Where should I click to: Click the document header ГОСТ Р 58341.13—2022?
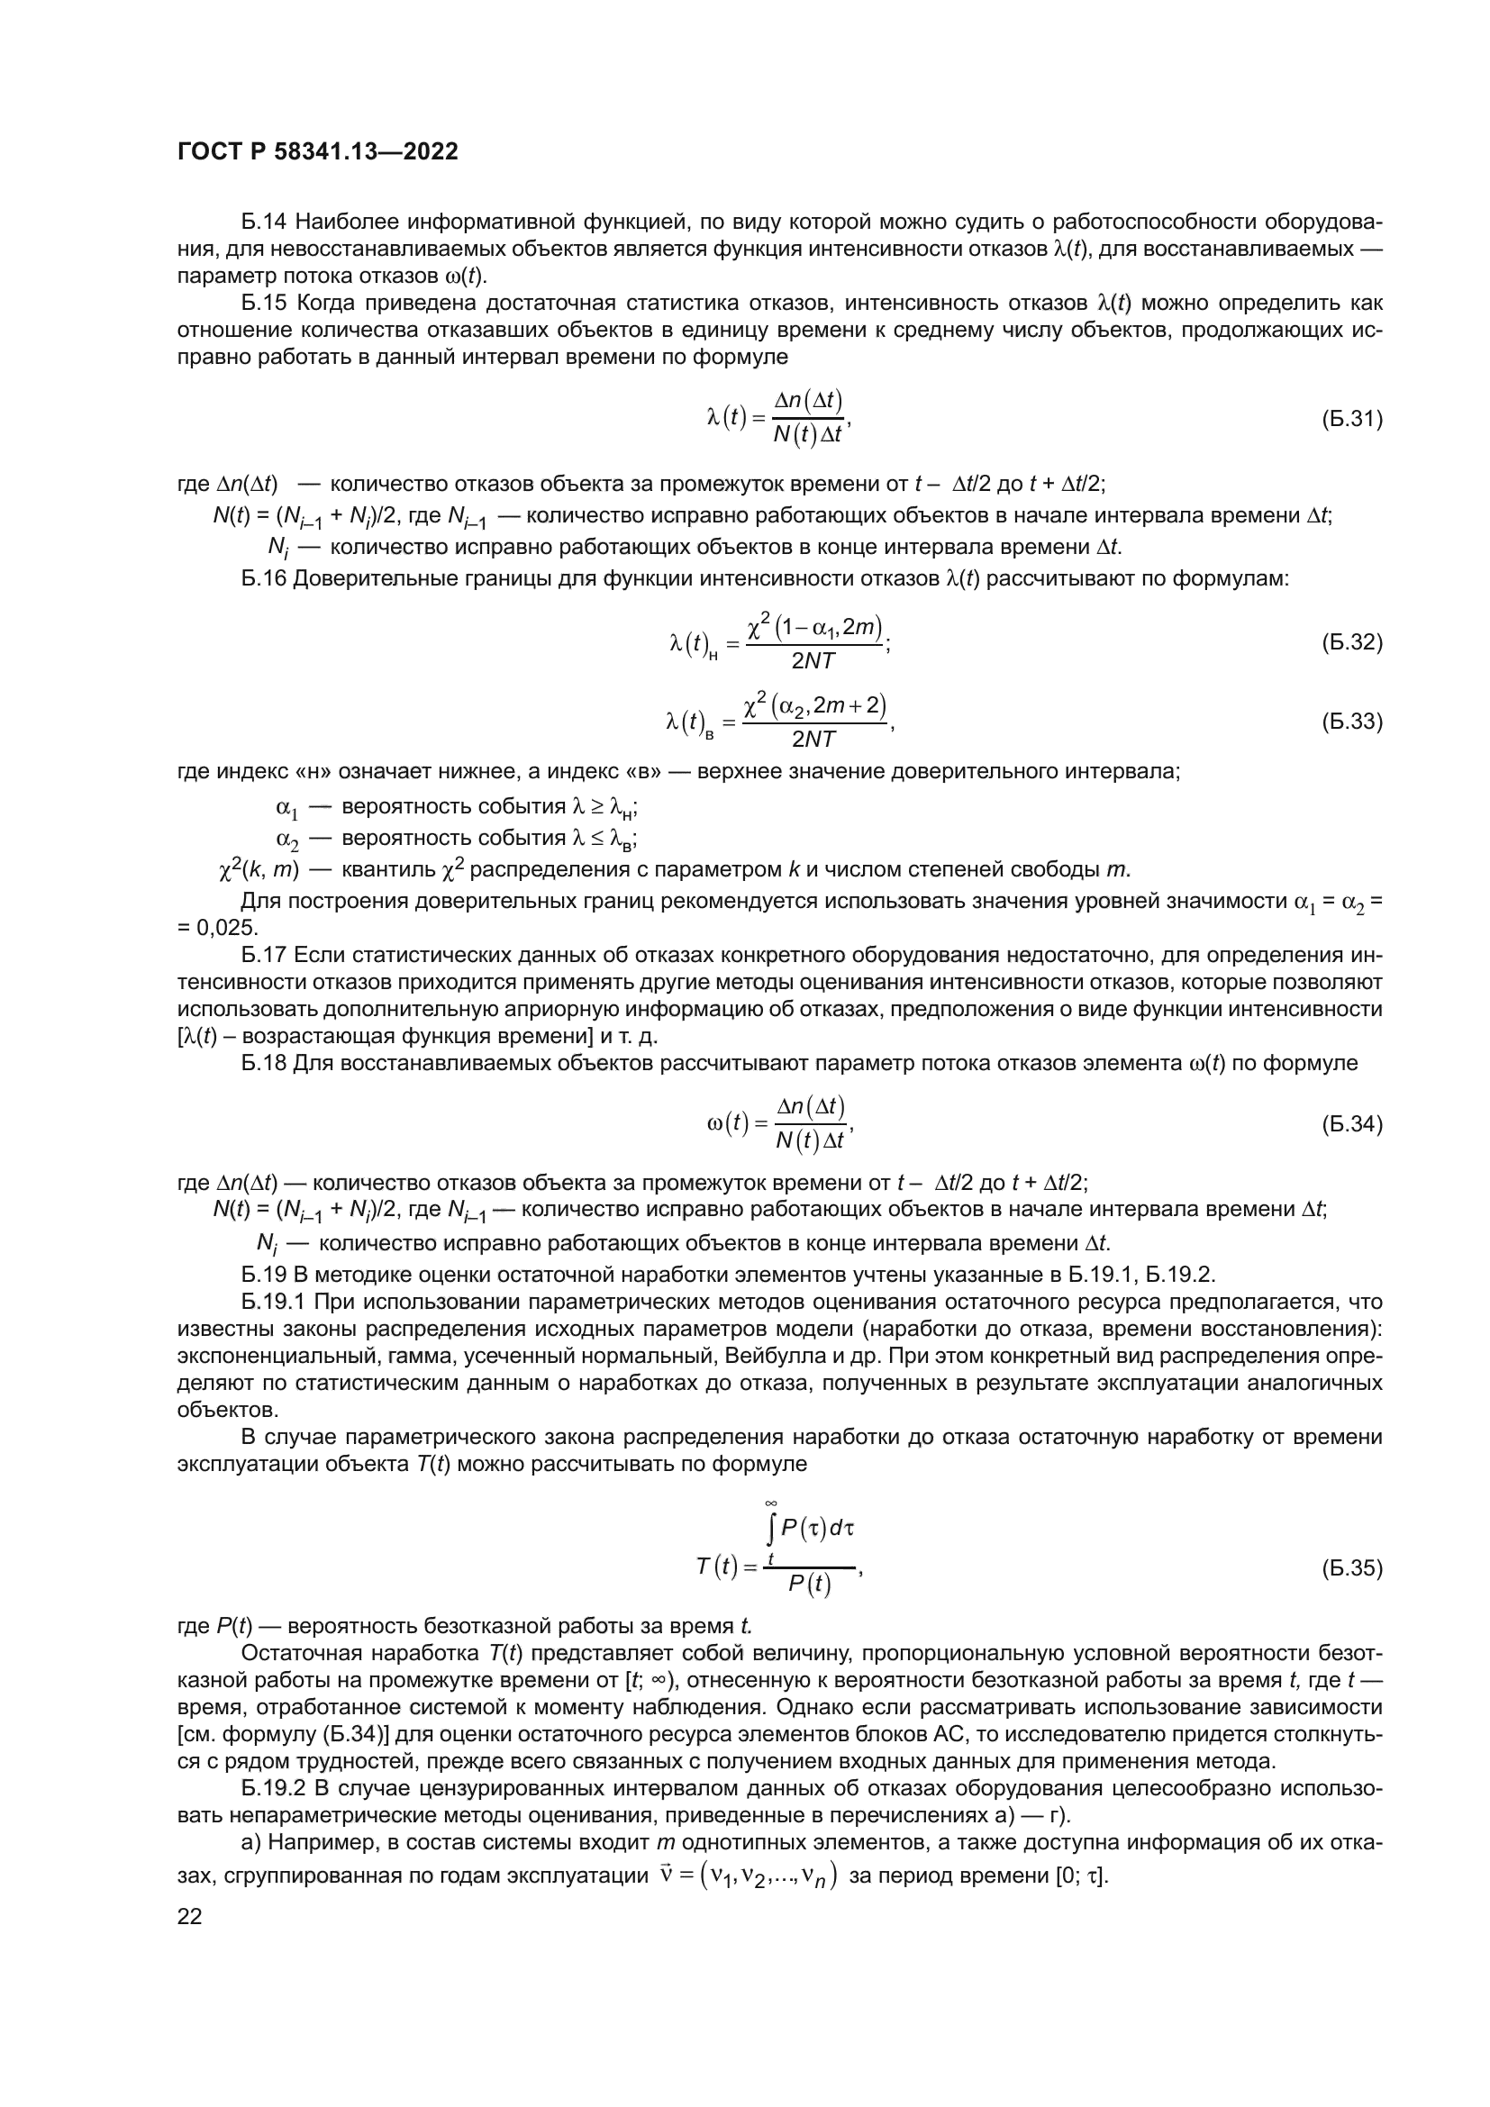tap(317, 152)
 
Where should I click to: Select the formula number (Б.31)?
tap(1351, 420)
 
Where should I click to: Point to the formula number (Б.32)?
tap(1351, 642)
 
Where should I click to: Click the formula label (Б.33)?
tap(1351, 722)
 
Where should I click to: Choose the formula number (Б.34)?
tap(1351, 1123)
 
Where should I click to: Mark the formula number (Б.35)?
tap(1351, 1568)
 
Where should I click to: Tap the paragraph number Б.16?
tap(264, 578)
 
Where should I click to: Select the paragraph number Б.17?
tap(264, 955)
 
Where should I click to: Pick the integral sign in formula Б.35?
tap(773, 1528)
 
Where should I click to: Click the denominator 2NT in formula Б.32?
tap(813, 660)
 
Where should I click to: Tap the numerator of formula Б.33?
tap(814, 705)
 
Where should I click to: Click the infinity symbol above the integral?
tap(772, 1503)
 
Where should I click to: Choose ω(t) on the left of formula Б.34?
tap(731, 1123)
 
